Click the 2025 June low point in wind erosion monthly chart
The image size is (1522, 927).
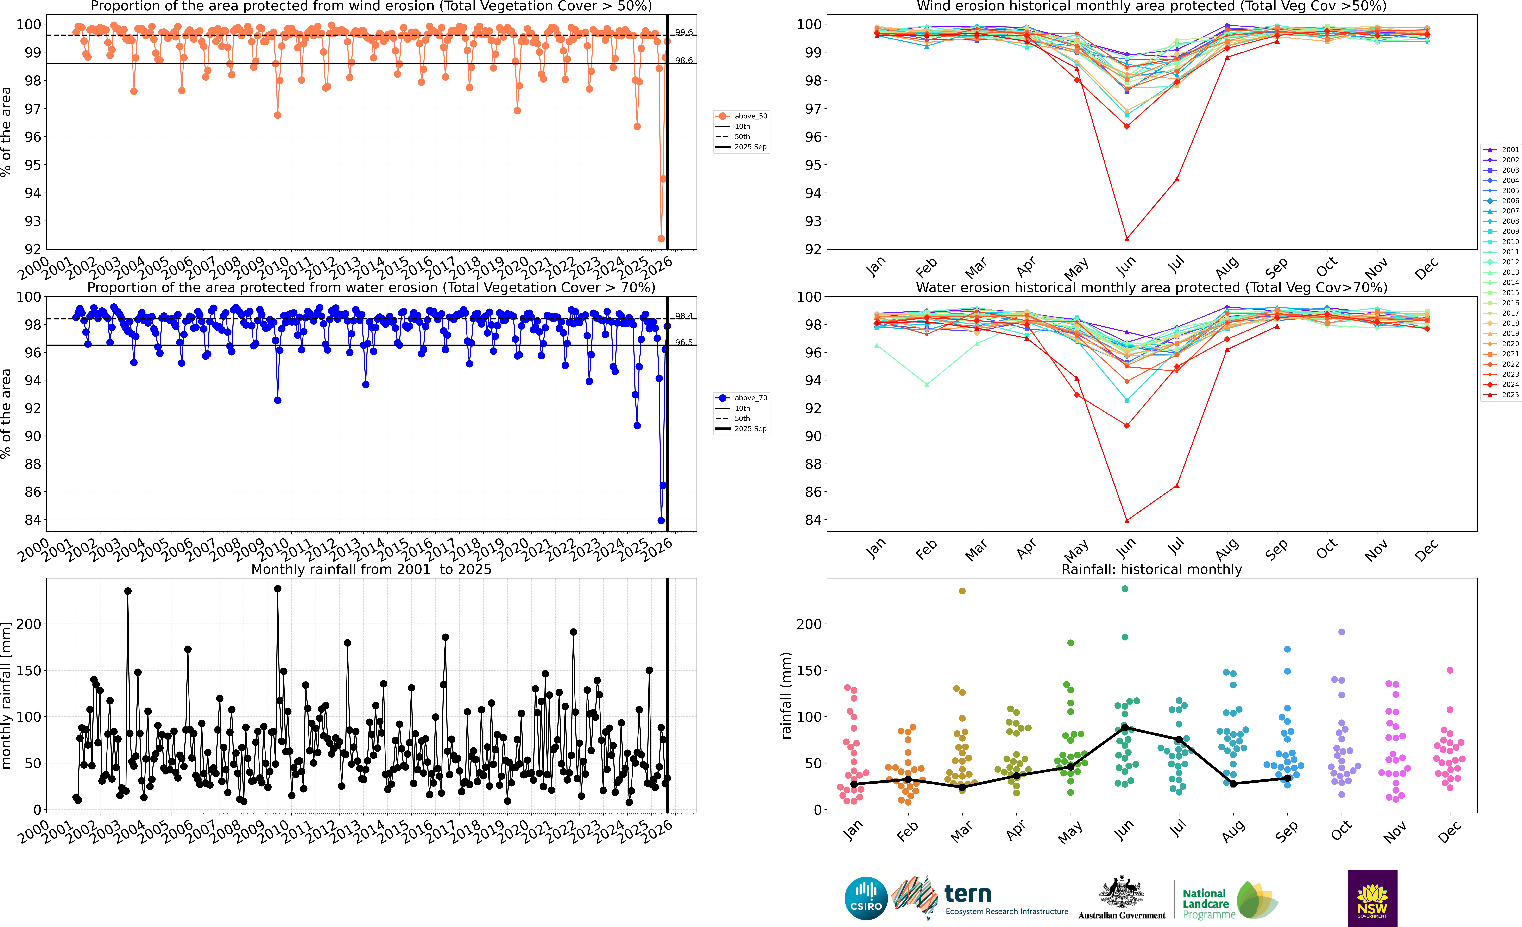click(1127, 239)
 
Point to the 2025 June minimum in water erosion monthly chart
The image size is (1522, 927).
click(1127, 520)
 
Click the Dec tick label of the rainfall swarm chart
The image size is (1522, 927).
click(1448, 832)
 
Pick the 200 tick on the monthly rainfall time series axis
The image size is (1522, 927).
click(28, 624)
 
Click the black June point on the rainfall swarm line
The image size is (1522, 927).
click(1125, 728)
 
